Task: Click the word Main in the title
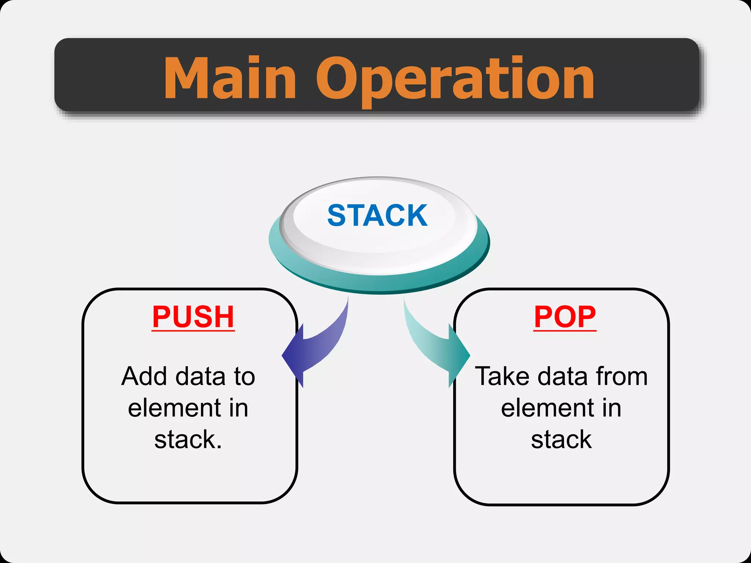pos(230,78)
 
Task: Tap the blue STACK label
pos(377,216)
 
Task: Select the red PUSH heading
pos(193,317)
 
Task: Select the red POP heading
pos(565,317)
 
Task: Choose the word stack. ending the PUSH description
pos(188,439)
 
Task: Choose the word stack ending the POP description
pos(561,439)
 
